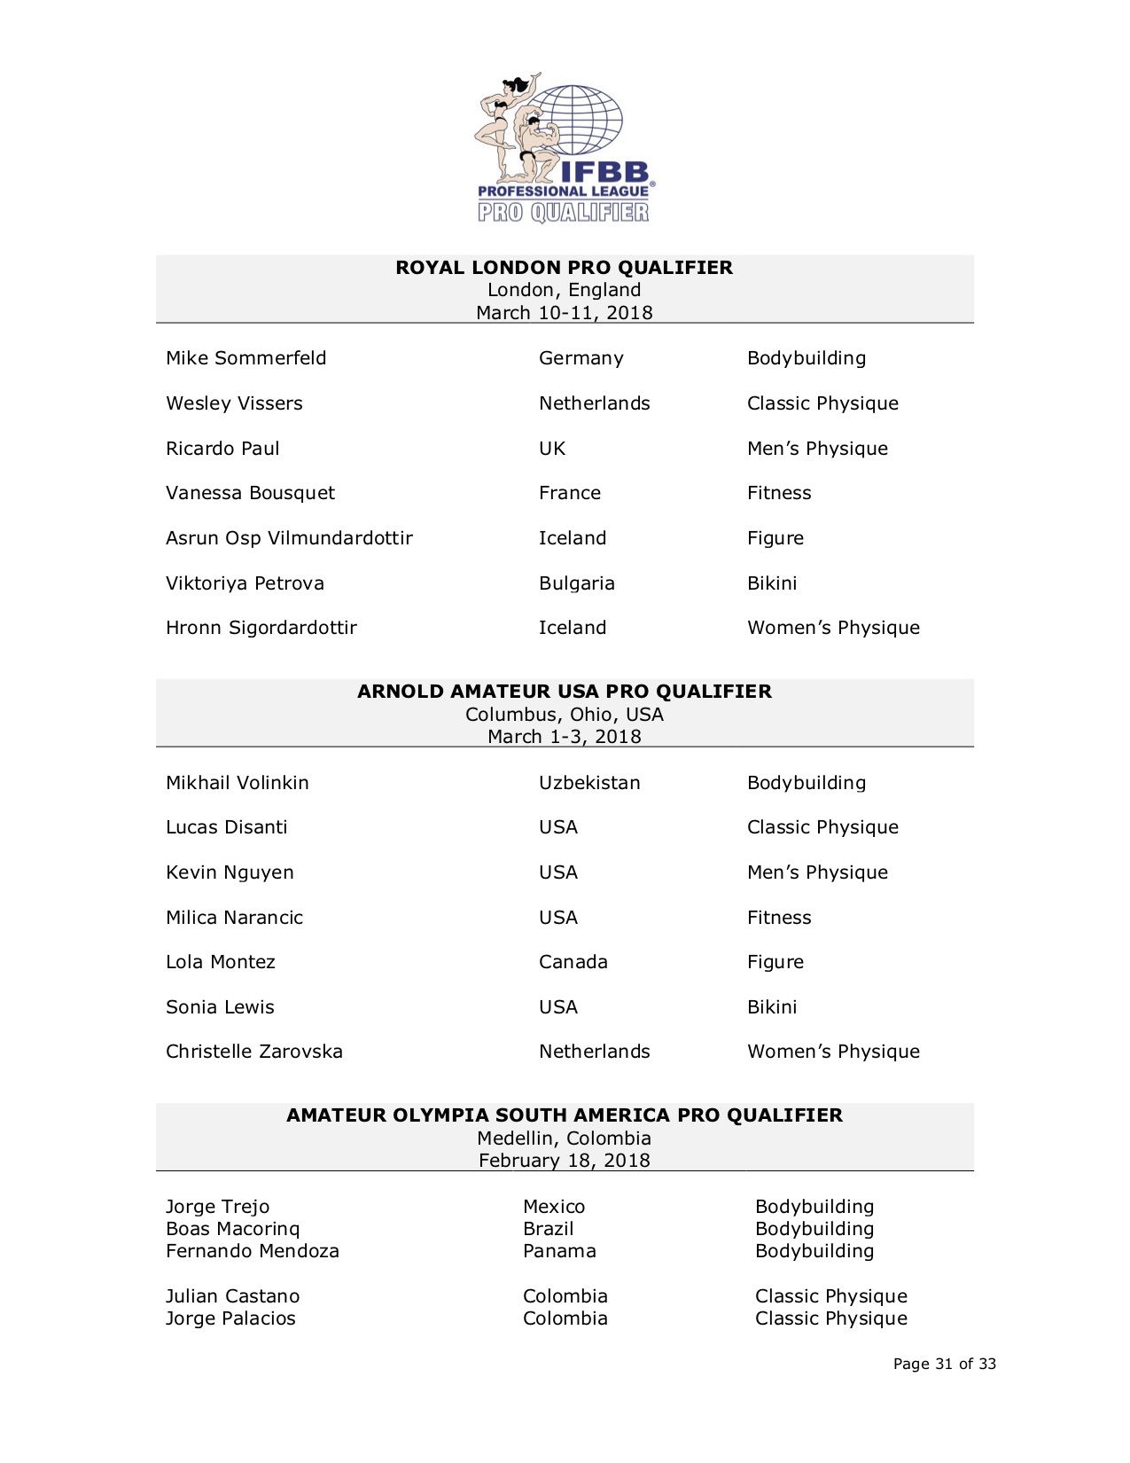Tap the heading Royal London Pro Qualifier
click(x=564, y=268)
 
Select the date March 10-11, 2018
click(x=564, y=313)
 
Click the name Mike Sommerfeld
click(x=246, y=358)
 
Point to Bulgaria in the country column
click(x=577, y=583)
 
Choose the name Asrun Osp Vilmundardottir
click(x=289, y=538)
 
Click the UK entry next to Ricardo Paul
click(x=552, y=449)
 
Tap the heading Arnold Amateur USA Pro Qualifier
click(x=564, y=692)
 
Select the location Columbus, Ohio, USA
click(x=564, y=715)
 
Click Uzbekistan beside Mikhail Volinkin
click(x=589, y=783)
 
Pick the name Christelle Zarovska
click(x=254, y=1052)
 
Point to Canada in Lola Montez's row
click(x=573, y=962)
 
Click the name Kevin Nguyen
click(x=230, y=872)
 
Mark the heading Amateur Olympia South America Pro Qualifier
click(x=564, y=1115)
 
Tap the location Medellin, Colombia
click(x=564, y=1138)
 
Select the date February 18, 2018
click(x=564, y=1161)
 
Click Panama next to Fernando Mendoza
click(x=559, y=1251)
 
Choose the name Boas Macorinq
click(x=233, y=1229)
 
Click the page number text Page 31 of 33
click(x=944, y=1364)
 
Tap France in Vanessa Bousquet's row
click(x=570, y=493)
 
